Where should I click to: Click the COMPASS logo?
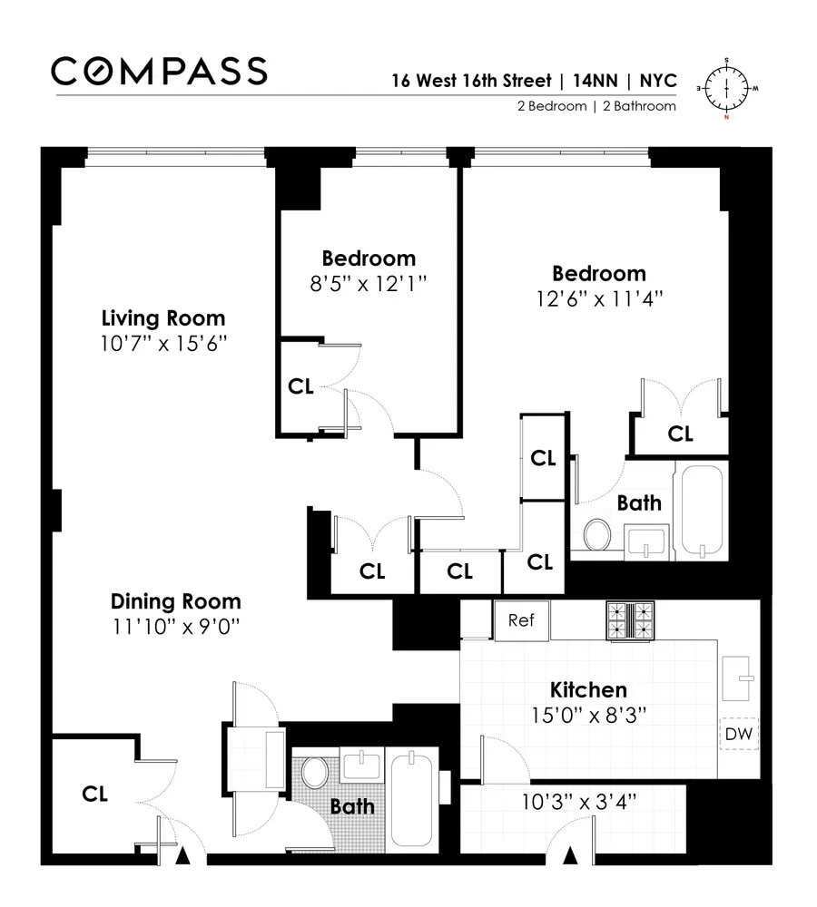[x=159, y=71]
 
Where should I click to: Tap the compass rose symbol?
[x=727, y=88]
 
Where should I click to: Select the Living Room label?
[x=163, y=318]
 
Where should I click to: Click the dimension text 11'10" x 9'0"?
[x=176, y=626]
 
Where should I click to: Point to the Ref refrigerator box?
[x=521, y=620]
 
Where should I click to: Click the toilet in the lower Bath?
[x=315, y=772]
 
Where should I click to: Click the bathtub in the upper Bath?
[x=702, y=511]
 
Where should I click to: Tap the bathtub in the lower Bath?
[x=413, y=794]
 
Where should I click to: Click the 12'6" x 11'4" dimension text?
[x=599, y=299]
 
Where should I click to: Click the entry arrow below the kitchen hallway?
[x=571, y=855]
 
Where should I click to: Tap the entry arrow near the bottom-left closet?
[x=183, y=855]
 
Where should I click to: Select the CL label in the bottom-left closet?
[x=95, y=794]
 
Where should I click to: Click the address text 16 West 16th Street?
[x=472, y=80]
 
